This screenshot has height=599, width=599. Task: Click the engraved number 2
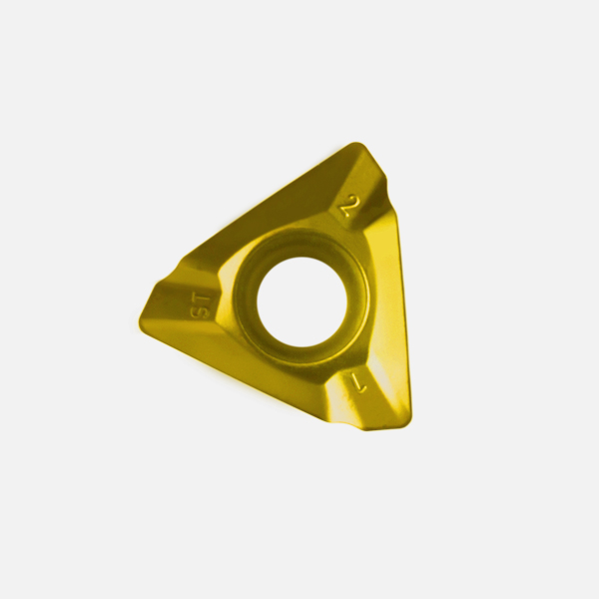(x=350, y=207)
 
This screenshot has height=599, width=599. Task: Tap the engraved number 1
(x=358, y=384)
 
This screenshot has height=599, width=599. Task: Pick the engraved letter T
(x=202, y=299)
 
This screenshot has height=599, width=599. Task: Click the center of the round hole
(x=301, y=301)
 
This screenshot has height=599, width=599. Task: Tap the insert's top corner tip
(x=356, y=144)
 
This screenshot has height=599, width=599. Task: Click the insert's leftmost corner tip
(x=140, y=320)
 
